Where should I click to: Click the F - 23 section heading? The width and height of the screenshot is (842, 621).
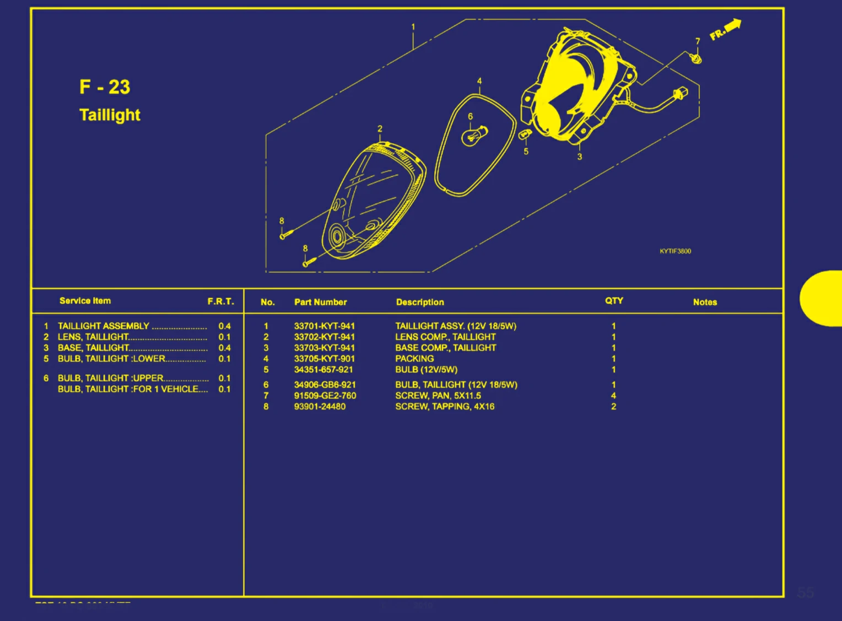pyautogui.click(x=105, y=87)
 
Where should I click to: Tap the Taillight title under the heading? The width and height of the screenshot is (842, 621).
pyautogui.click(x=110, y=115)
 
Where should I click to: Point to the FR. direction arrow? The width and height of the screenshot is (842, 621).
pyautogui.click(x=726, y=30)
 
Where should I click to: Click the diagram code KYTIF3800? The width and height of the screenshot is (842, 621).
pyautogui.click(x=675, y=251)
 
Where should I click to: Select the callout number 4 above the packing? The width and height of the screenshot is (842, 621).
pyautogui.click(x=479, y=81)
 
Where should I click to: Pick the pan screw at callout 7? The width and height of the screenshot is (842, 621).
pyautogui.click(x=696, y=57)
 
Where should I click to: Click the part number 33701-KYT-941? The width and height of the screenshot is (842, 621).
pyautogui.click(x=324, y=326)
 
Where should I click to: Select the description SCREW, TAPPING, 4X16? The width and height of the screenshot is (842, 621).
pyautogui.click(x=445, y=407)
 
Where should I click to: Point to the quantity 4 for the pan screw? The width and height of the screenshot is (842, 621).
pyautogui.click(x=613, y=396)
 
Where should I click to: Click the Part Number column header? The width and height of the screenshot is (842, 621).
pyautogui.click(x=320, y=302)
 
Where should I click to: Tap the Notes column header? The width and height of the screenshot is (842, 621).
pyautogui.click(x=705, y=302)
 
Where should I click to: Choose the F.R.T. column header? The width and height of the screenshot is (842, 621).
pyautogui.click(x=220, y=301)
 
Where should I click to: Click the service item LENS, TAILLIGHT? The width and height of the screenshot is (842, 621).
pyautogui.click(x=93, y=337)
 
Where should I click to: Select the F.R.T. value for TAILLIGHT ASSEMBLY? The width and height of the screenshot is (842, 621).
pyautogui.click(x=224, y=326)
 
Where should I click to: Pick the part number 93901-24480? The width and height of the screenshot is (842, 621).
pyautogui.click(x=320, y=407)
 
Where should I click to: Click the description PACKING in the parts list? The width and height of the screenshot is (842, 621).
pyautogui.click(x=414, y=359)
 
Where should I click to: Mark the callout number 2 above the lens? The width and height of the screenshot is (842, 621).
pyautogui.click(x=380, y=128)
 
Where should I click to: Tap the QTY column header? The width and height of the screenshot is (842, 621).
pyautogui.click(x=614, y=301)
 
